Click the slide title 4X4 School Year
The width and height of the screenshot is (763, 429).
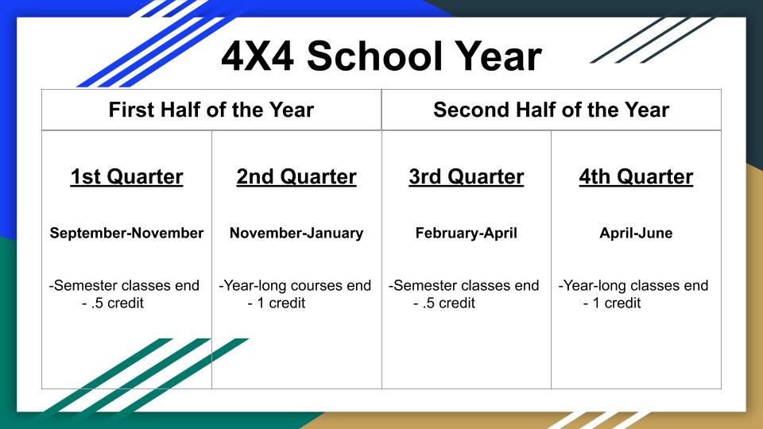click(x=381, y=56)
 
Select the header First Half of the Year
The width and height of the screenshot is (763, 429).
click(x=211, y=110)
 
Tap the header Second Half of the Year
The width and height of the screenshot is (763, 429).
click(x=551, y=110)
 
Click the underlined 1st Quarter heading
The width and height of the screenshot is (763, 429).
click(x=126, y=176)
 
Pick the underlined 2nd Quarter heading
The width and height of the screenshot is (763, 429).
click(x=296, y=176)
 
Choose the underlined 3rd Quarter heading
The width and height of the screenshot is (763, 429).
click(x=467, y=176)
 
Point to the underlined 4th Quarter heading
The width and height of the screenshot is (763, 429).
click(x=636, y=176)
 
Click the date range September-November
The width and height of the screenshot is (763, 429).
click(x=126, y=233)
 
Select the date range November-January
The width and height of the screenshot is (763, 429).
click(x=296, y=233)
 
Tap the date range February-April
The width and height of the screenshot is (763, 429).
click(x=467, y=233)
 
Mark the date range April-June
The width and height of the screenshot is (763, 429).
click(x=636, y=233)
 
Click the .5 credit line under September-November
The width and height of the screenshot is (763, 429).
click(x=113, y=303)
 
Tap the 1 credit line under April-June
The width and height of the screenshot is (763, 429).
click(x=612, y=303)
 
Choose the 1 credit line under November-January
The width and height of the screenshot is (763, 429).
click(x=277, y=303)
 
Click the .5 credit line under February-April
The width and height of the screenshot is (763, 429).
click(x=444, y=303)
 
